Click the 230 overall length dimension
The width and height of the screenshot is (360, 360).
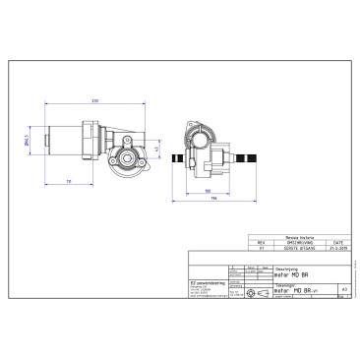click(x=94, y=100)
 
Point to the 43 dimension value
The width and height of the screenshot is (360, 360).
click(x=156, y=147)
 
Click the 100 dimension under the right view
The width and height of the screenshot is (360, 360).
click(x=208, y=190)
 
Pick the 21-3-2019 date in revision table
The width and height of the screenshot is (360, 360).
click(x=337, y=248)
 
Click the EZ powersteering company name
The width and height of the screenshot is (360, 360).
click(x=206, y=284)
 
